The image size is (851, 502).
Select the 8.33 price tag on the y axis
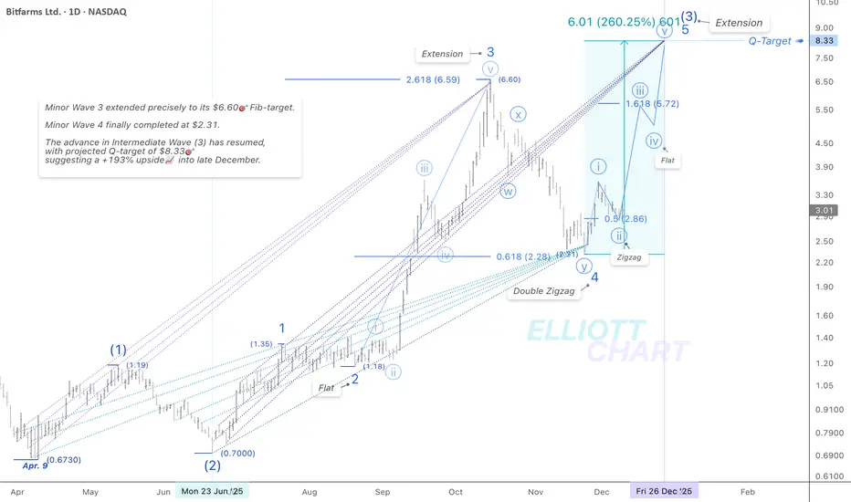click(825, 40)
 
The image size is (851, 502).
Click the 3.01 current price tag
click(825, 211)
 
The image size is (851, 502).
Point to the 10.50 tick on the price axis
click(826, 4)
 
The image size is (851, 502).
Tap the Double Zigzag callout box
click(543, 291)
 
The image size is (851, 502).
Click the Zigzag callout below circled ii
click(628, 258)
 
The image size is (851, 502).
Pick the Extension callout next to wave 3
click(442, 54)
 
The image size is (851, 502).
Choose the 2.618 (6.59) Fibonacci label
click(433, 78)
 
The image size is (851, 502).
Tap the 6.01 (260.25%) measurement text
click(610, 22)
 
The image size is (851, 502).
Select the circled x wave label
click(518, 115)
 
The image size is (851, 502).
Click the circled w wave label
click(509, 191)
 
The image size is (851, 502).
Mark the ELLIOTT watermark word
click(584, 330)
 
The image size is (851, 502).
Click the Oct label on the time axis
click(456, 491)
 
